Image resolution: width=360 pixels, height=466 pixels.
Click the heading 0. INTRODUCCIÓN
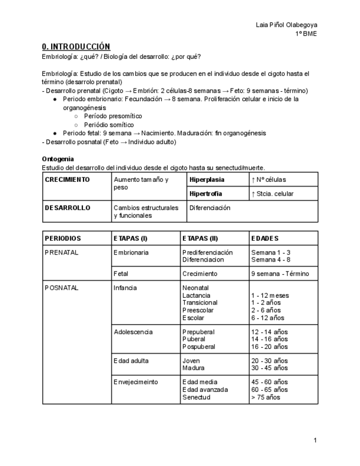click(x=76, y=47)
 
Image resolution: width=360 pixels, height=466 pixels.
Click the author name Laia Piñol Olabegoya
click(x=286, y=25)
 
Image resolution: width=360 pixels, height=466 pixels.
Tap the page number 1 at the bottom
click(x=315, y=440)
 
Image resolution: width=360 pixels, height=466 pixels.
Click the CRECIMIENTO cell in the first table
click(x=67, y=180)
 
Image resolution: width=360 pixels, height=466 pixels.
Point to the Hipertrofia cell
click(x=206, y=193)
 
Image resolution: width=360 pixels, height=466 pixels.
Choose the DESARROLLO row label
click(x=67, y=208)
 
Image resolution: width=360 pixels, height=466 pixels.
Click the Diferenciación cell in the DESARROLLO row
click(x=209, y=208)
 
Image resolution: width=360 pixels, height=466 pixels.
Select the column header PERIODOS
click(x=63, y=238)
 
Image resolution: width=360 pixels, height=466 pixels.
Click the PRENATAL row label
click(x=62, y=252)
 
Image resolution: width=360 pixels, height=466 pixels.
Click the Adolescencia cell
click(x=133, y=332)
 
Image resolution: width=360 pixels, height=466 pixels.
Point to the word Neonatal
click(x=195, y=287)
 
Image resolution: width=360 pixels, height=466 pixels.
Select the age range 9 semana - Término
click(x=280, y=273)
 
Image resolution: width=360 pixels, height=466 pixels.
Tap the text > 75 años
click(x=265, y=397)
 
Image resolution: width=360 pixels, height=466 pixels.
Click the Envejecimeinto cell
click(x=136, y=382)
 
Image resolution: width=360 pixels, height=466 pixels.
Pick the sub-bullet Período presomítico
click(x=113, y=116)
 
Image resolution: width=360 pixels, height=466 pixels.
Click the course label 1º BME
click(x=306, y=34)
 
